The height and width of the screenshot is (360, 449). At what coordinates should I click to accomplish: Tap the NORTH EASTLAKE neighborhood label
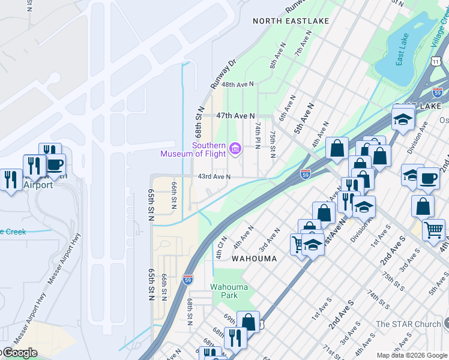pyautogui.click(x=291, y=21)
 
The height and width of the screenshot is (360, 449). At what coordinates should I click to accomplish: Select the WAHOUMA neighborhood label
pyautogui.click(x=255, y=259)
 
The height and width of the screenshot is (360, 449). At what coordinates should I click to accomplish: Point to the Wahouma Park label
pyautogui.click(x=229, y=291)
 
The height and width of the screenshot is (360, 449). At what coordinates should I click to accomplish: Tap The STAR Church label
pyautogui.click(x=408, y=325)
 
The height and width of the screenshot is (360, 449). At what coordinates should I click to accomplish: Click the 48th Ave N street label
pyautogui.click(x=238, y=85)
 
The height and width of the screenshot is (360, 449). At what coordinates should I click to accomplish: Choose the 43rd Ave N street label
pyautogui.click(x=214, y=176)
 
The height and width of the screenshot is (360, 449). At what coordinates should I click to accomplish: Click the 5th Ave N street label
pyautogui.click(x=304, y=122)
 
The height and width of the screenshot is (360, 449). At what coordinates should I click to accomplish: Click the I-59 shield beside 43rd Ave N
pyautogui.click(x=305, y=174)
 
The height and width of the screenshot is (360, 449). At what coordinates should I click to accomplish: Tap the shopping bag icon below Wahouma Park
pyautogui.click(x=248, y=322)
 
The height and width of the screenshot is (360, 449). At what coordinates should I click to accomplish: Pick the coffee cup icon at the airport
pyautogui.click(x=55, y=165)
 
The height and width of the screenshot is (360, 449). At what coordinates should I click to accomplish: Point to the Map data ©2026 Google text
pyautogui.click(x=412, y=355)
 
